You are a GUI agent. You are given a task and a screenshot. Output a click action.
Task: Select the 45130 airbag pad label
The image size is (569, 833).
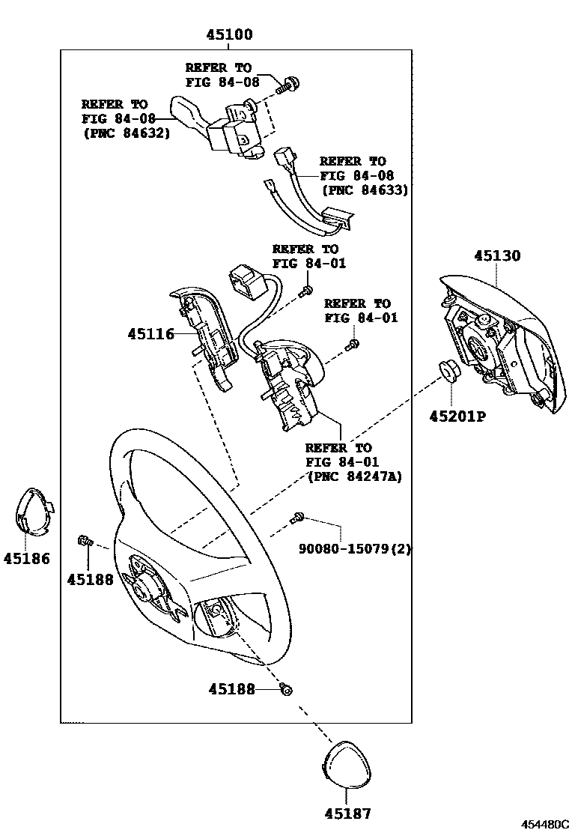[x=496, y=255]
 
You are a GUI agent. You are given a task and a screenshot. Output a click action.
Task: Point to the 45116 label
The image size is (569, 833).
[x=150, y=334]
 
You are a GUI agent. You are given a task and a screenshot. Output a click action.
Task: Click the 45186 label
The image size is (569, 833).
[x=26, y=558]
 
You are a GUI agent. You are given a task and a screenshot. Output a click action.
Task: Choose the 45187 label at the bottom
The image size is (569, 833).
[x=347, y=813]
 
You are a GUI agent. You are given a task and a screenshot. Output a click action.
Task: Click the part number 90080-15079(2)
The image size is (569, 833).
[x=355, y=549]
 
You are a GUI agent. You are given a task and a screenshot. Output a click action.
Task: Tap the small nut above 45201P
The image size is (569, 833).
[x=448, y=371]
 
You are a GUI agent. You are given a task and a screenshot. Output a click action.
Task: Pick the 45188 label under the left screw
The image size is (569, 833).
[x=89, y=579]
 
